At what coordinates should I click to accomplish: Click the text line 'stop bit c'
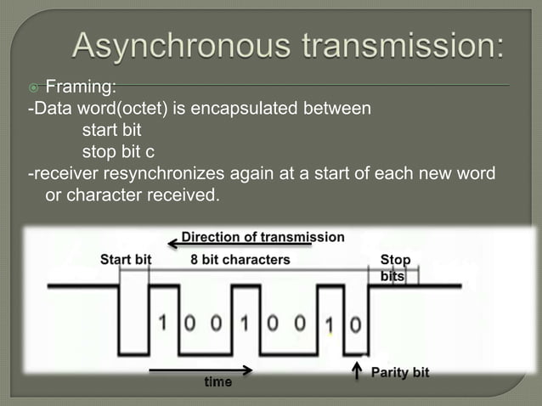pos(118,153)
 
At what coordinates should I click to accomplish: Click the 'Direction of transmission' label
pos(263,237)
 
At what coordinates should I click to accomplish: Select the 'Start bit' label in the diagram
pos(126,259)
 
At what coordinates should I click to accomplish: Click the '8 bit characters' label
pos(240,259)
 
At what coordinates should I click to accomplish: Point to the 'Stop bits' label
pos(394,268)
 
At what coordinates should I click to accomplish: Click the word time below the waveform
pos(217,382)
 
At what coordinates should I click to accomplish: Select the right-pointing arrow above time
pos(201,369)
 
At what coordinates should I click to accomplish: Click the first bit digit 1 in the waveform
pos(162,324)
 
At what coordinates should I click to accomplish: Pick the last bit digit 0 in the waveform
pos(355,324)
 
